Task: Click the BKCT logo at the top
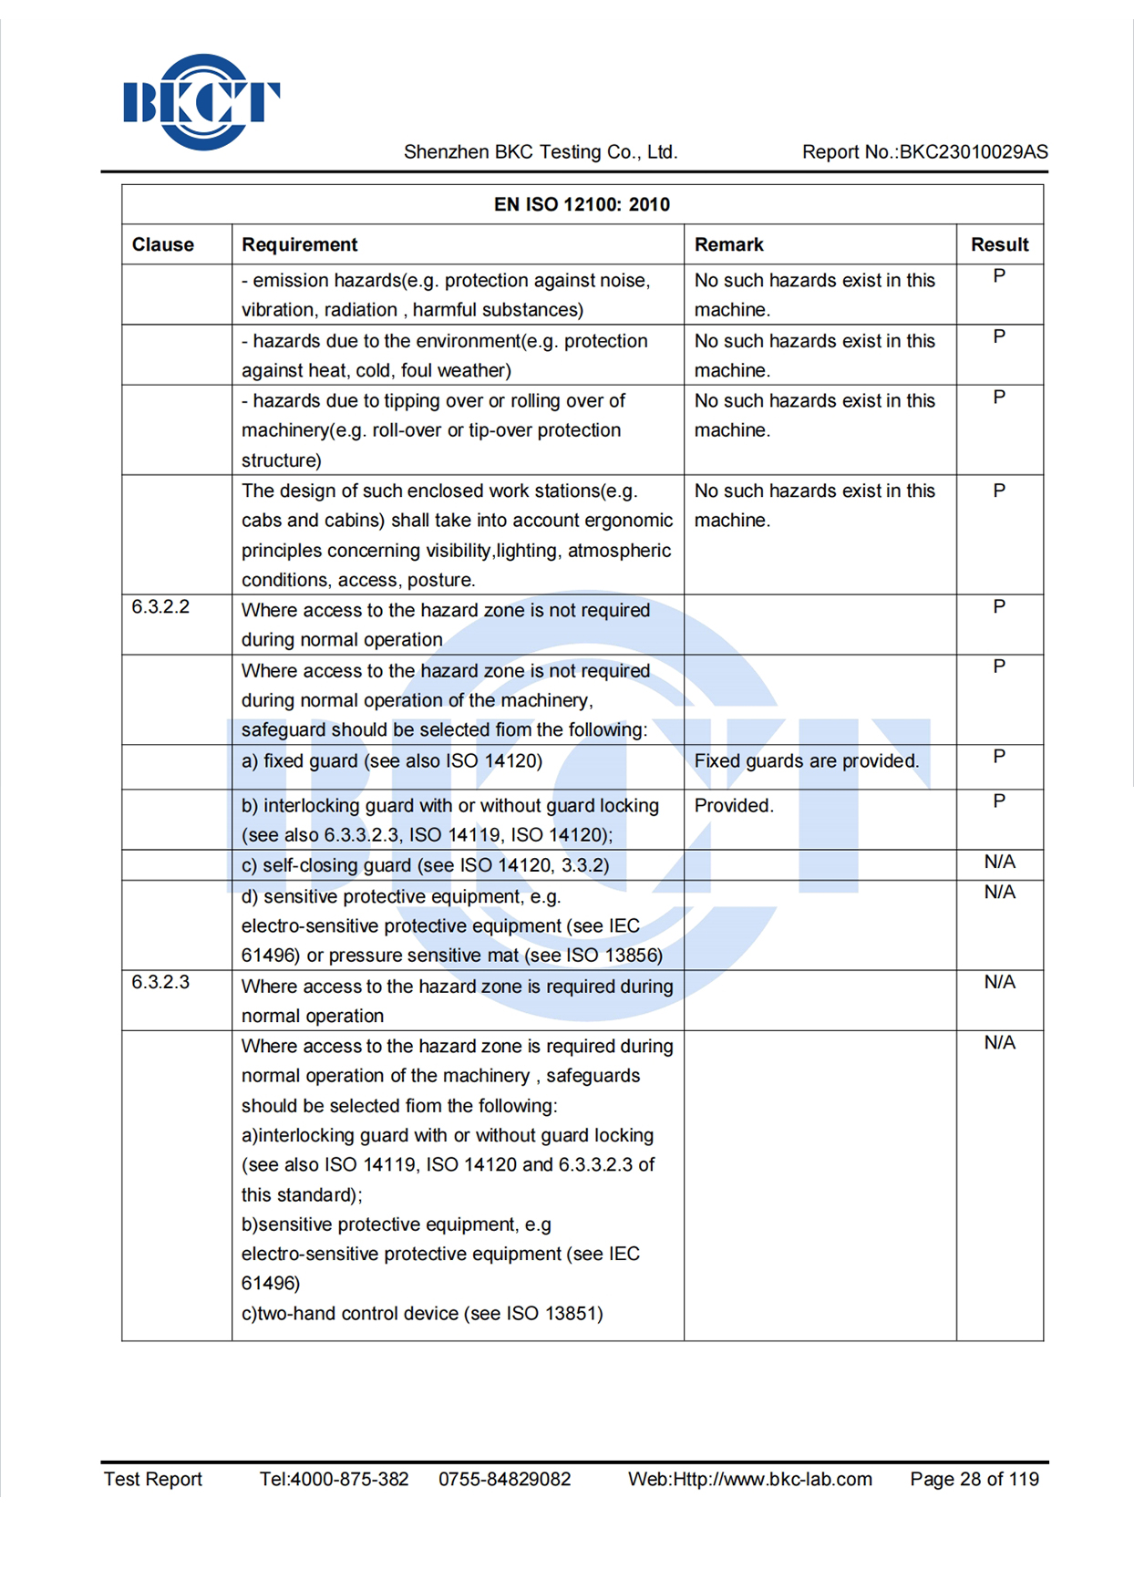click(201, 102)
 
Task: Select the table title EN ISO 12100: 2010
click(582, 204)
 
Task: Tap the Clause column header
click(163, 244)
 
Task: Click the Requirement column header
click(299, 244)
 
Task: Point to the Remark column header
click(728, 244)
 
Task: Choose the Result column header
click(999, 244)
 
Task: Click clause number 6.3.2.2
click(160, 607)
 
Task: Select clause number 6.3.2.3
click(160, 982)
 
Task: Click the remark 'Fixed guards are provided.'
click(807, 760)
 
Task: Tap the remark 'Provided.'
click(734, 805)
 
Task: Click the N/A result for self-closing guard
click(999, 862)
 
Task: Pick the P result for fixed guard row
click(999, 757)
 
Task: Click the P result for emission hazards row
click(999, 276)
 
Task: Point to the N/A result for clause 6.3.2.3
click(999, 982)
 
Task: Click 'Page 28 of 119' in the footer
click(974, 1479)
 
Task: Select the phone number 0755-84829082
click(504, 1479)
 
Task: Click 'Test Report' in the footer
click(153, 1479)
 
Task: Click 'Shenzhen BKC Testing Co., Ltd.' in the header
click(541, 152)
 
